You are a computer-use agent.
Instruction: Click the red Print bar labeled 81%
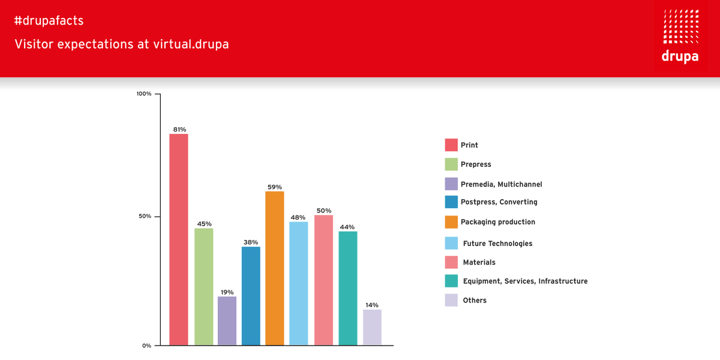[x=179, y=240]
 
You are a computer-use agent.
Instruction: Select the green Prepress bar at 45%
[x=203, y=287]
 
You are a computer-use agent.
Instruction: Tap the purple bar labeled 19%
[x=227, y=321]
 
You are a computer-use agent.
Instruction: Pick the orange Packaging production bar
[x=275, y=268]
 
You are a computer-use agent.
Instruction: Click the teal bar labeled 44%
[x=348, y=288]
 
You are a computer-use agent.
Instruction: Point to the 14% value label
[x=371, y=305]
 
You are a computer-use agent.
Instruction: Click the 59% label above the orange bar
[x=274, y=187]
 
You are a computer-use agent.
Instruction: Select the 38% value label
[x=251, y=242]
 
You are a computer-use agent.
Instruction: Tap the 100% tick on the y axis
[x=144, y=94]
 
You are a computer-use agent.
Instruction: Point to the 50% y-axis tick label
[x=145, y=216]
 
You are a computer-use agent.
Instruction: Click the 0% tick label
[x=146, y=345]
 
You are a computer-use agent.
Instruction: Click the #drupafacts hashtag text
[x=49, y=21]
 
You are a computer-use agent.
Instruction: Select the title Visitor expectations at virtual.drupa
[x=122, y=44]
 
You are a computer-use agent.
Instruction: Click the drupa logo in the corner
[x=680, y=37]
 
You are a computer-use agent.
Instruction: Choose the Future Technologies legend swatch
[x=451, y=243]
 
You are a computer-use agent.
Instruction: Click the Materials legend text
[x=479, y=262]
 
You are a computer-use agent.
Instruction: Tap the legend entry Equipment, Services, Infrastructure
[x=525, y=281]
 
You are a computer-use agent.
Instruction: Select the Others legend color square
[x=451, y=300]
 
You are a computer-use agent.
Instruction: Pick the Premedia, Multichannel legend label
[x=501, y=184]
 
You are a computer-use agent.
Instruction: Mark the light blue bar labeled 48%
[x=299, y=283]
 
